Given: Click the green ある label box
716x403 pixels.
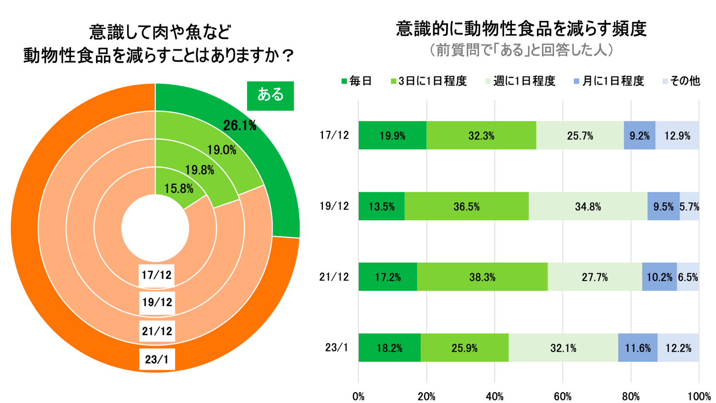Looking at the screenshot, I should [270, 96].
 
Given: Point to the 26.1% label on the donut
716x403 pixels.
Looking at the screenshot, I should [239, 125].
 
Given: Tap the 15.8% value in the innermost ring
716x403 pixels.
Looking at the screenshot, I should [178, 189].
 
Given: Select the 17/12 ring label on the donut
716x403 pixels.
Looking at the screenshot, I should [157, 274].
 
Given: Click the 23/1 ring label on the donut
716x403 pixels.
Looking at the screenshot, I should [157, 359].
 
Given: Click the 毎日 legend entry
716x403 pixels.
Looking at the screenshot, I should [356, 81].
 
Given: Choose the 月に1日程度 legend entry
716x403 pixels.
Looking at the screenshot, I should [609, 81].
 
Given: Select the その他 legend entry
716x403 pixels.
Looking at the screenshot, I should [681, 81].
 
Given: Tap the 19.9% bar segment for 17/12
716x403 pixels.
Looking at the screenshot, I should [392, 136].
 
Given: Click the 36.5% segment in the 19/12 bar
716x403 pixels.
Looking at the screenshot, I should [466, 207].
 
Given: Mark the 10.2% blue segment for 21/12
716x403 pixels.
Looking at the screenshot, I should [659, 277].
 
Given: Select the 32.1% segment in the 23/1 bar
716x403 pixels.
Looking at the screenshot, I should [563, 348].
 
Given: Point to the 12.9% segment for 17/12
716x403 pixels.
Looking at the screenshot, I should [677, 136].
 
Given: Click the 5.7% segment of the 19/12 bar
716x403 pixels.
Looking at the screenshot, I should [690, 207].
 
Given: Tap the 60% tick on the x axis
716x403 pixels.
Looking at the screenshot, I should [563, 397].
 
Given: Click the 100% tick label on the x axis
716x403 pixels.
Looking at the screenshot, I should [699, 397].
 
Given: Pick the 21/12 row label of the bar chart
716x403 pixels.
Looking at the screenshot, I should [334, 277].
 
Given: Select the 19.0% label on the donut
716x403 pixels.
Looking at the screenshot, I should [222, 151].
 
